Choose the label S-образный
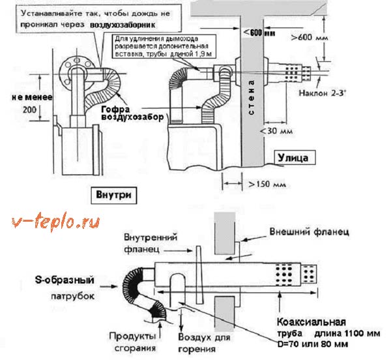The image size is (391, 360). click(61, 282)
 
